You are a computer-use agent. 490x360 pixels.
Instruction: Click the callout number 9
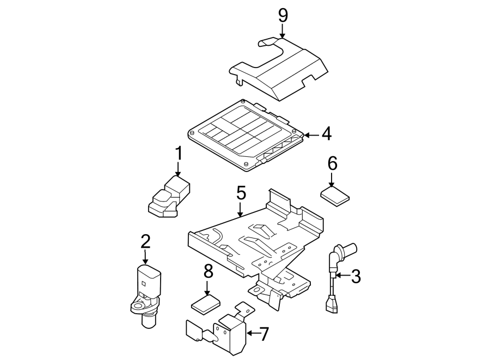coord(283,15)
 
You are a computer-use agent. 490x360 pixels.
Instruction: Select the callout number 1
coord(178,155)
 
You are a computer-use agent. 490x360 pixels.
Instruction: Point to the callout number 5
coord(241,193)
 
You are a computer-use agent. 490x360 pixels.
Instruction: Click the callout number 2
coord(145,242)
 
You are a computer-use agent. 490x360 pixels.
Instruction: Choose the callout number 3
coord(356,276)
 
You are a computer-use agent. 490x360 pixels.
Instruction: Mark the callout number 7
coord(264,334)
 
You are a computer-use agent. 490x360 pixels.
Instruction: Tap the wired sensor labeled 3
coord(333,278)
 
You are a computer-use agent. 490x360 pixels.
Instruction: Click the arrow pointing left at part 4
coord(310,134)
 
